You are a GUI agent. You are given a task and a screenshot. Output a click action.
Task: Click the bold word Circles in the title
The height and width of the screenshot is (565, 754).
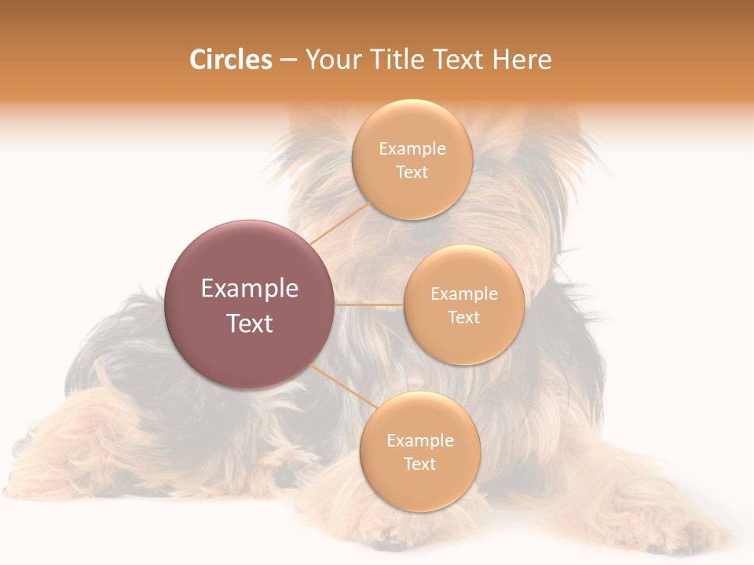(230, 60)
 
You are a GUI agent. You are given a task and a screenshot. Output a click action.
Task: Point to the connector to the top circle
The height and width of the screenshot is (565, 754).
(339, 224)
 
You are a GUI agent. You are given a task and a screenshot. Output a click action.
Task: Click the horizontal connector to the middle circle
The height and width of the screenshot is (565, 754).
(368, 304)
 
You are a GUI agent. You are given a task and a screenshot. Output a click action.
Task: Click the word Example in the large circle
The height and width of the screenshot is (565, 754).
(250, 289)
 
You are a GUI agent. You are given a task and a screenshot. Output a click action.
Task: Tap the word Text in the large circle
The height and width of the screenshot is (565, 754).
(250, 323)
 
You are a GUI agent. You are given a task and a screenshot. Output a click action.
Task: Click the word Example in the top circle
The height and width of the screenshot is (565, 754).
(412, 149)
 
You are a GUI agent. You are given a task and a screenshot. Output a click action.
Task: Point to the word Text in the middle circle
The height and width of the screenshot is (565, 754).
(463, 317)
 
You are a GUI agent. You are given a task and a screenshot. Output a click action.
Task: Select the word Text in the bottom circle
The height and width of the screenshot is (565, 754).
(419, 464)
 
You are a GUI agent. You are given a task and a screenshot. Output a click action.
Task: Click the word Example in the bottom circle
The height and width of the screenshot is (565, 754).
(419, 440)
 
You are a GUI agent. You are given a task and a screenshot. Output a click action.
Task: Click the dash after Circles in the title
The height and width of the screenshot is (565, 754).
(288, 60)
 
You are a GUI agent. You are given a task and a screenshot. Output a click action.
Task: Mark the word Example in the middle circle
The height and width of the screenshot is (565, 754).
(463, 293)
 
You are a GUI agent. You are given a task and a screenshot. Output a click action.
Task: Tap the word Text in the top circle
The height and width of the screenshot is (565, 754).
(412, 173)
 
